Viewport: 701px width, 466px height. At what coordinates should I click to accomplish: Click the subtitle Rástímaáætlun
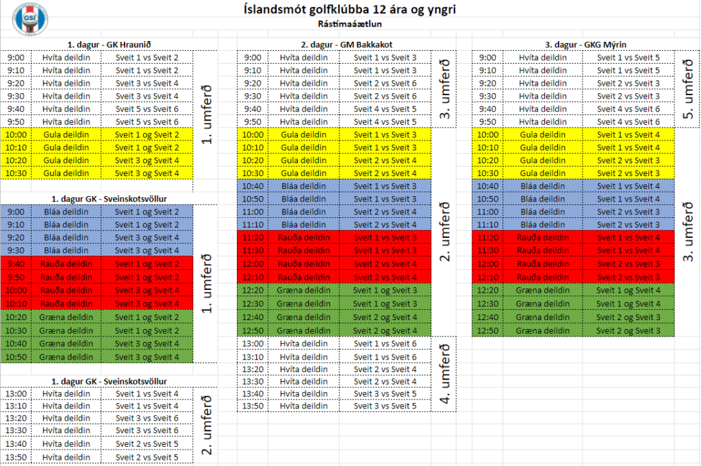click(350, 24)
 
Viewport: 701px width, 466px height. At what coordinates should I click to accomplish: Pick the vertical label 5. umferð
click(687, 90)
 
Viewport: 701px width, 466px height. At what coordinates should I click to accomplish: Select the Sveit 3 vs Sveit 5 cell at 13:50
click(385, 406)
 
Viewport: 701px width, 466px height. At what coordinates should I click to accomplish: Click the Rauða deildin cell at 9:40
click(66, 264)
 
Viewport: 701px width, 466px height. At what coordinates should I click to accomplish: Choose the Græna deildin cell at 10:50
click(66, 356)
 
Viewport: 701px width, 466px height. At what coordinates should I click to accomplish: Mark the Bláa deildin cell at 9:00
click(66, 212)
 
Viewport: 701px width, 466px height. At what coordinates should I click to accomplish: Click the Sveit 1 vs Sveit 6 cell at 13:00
click(385, 344)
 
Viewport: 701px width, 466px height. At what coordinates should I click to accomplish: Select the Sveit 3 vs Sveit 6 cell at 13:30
click(146, 431)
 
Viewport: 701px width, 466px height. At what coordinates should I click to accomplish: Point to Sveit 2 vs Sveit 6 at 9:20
click(385, 84)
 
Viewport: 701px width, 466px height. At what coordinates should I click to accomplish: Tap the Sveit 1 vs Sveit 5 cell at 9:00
click(628, 58)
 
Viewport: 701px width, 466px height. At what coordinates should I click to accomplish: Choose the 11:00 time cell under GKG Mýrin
click(488, 212)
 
